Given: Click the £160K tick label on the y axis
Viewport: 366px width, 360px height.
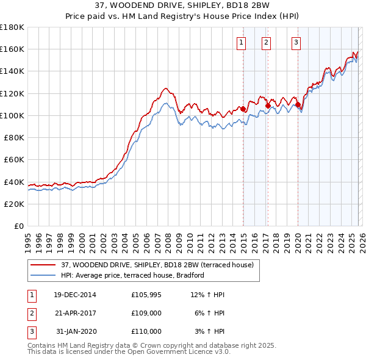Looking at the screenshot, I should (12, 49).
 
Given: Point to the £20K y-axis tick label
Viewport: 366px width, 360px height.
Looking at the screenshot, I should (14, 204).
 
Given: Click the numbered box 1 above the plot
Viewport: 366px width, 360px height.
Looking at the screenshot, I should (242, 42).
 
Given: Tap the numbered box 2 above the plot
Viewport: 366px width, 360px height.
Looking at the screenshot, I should (267, 42).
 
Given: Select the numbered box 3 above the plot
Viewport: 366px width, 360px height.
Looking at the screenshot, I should (296, 42).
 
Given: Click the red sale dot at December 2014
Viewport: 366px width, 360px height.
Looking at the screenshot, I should (243, 109).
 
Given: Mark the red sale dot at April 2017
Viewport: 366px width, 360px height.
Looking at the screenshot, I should (268, 106).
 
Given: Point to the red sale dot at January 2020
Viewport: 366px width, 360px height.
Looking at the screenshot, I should (298, 105).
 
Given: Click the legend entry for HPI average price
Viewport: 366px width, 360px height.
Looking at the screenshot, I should (132, 275).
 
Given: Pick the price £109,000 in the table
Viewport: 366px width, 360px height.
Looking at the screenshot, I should (146, 313).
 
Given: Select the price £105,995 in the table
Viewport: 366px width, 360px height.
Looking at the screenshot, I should (146, 295).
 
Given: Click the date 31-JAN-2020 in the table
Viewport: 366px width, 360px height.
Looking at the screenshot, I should (75, 331).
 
